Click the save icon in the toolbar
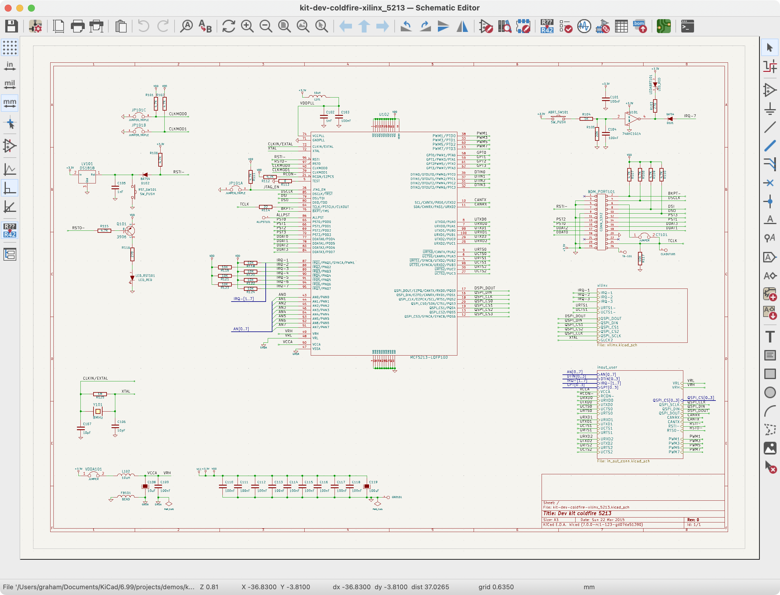pyautogui.click(x=11, y=26)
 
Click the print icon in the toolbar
pyautogui.click(x=78, y=26)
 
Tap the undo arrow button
pyautogui.click(x=143, y=26)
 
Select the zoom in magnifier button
pyautogui.click(x=247, y=26)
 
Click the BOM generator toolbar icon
pyautogui.click(x=640, y=26)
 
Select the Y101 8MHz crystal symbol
pyautogui.click(x=98, y=411)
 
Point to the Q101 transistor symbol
pyautogui.click(x=130, y=230)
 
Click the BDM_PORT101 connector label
pyautogui.click(x=601, y=192)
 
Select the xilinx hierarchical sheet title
pyautogui.click(x=602, y=286)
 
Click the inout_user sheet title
pyautogui.click(x=607, y=367)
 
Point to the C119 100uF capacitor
pyautogui.click(x=367, y=486)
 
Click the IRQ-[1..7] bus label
pyautogui.click(x=243, y=299)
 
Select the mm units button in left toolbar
pyautogui.click(x=10, y=103)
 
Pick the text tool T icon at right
pyautogui.click(x=770, y=336)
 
